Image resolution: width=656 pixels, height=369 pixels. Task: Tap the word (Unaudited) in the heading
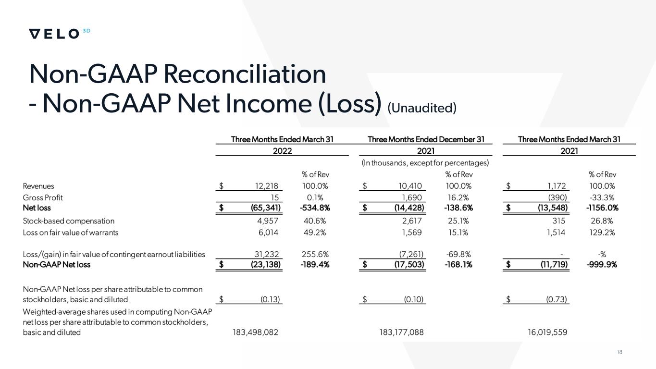click(x=422, y=108)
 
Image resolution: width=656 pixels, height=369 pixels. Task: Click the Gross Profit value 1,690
click(x=412, y=197)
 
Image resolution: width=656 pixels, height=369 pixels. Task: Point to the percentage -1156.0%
click(x=602, y=208)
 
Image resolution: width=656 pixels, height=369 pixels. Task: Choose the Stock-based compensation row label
click(x=69, y=221)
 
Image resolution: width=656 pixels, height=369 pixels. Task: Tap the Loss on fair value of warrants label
click(x=70, y=233)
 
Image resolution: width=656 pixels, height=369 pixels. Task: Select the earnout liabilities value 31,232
click(x=266, y=254)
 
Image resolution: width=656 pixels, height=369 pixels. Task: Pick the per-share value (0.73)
click(x=557, y=300)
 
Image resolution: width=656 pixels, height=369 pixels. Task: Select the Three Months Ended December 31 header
click(x=426, y=139)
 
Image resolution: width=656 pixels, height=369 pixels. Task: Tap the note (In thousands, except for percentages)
click(x=425, y=163)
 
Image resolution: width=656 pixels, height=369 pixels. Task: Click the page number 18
click(x=619, y=352)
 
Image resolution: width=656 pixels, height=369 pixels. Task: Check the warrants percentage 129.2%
click(x=602, y=233)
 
